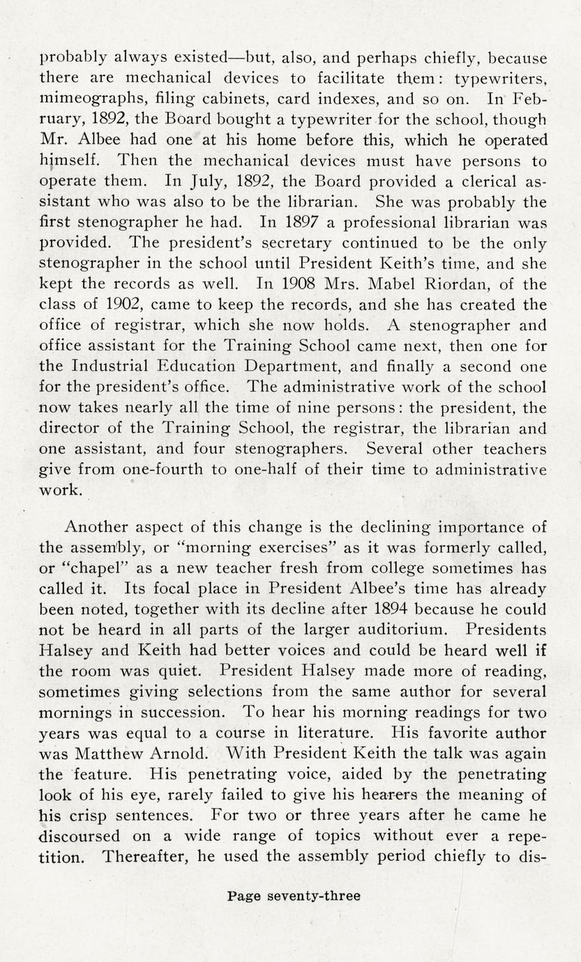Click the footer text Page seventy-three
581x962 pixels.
point(294,896)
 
